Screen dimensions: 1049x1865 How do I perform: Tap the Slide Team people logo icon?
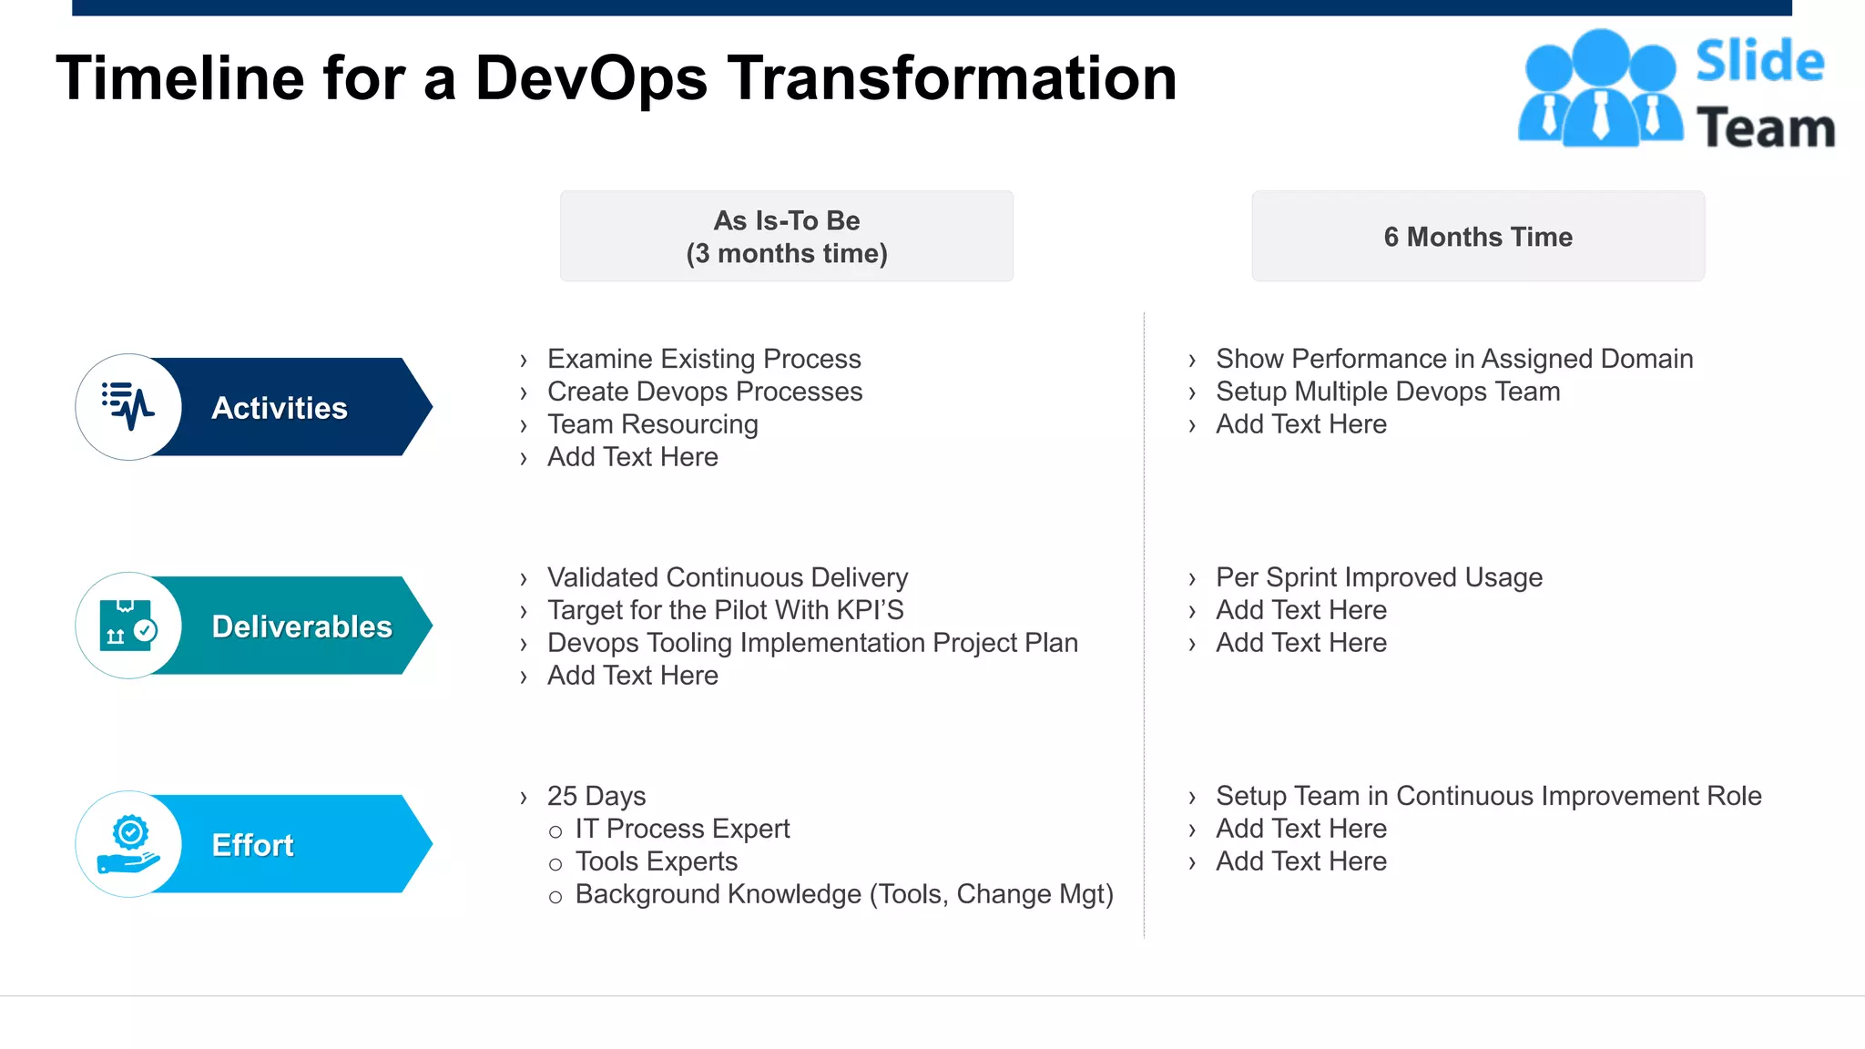[x=1599, y=89]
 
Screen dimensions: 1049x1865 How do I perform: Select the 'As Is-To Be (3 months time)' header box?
[x=786, y=237]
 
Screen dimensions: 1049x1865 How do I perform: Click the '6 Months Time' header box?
[x=1477, y=237]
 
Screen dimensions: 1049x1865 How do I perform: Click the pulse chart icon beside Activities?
[x=128, y=406]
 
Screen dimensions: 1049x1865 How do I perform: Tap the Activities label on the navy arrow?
[x=279, y=408]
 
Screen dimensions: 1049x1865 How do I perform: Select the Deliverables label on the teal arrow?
[x=301, y=626]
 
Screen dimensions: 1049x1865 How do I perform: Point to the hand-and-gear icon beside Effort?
[x=128, y=843]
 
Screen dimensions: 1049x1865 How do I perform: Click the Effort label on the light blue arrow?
[x=252, y=845]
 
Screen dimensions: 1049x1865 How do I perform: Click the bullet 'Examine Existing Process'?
[x=703, y=359]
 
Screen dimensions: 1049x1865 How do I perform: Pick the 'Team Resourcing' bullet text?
[x=652, y=424]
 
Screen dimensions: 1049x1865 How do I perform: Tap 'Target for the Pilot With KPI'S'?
[x=725, y=610]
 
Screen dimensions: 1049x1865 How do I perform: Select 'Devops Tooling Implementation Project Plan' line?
[x=812, y=643]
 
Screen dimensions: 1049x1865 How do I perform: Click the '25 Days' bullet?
[x=596, y=796]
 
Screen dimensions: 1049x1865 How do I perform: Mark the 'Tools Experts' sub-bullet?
[x=656, y=861]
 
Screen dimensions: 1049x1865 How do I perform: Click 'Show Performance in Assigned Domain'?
[x=1453, y=359]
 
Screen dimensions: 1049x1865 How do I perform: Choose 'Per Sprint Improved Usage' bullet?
[x=1379, y=577]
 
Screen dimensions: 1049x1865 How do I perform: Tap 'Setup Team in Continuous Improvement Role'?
[x=1488, y=796]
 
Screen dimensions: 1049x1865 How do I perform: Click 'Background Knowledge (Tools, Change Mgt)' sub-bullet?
[x=843, y=894]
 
